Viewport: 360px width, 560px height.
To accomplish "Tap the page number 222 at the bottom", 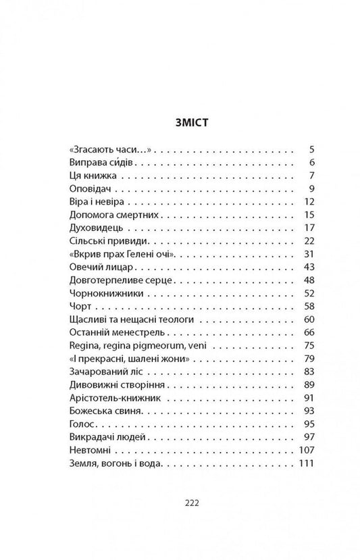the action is click(x=180, y=503).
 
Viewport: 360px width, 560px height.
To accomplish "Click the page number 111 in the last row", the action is click(x=307, y=462).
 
